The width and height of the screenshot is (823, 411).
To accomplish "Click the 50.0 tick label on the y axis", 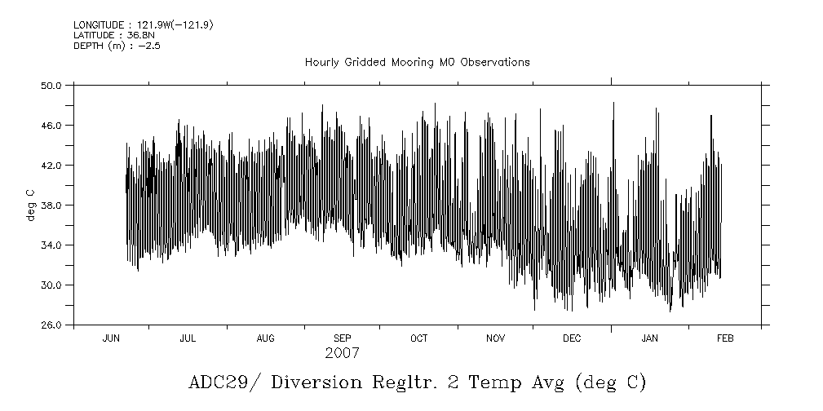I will pyautogui.click(x=52, y=86).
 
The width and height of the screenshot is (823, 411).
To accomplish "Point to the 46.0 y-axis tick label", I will pyautogui.click(x=52, y=126).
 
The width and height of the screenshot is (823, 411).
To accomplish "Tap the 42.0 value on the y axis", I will pyautogui.click(x=52, y=166).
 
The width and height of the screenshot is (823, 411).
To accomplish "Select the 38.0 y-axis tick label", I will pyautogui.click(x=52, y=205).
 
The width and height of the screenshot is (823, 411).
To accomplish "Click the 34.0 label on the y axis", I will pyautogui.click(x=52, y=245).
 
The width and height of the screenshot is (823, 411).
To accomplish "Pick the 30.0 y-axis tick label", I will pyautogui.click(x=52, y=285).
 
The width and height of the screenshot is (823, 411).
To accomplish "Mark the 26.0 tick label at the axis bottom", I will pyautogui.click(x=52, y=325).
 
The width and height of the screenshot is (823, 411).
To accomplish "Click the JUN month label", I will pyautogui.click(x=111, y=338).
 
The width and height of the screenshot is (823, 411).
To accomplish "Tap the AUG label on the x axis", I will pyautogui.click(x=265, y=338).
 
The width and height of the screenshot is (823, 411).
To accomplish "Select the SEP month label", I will pyautogui.click(x=343, y=338).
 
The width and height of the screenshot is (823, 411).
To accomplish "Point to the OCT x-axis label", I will pyautogui.click(x=418, y=338).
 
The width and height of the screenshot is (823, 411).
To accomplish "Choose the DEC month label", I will pyautogui.click(x=572, y=338).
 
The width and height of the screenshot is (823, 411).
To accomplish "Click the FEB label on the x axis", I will pyautogui.click(x=724, y=338).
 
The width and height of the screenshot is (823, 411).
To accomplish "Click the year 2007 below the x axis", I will pyautogui.click(x=342, y=354).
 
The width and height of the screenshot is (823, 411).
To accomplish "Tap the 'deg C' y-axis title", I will pyautogui.click(x=30, y=205).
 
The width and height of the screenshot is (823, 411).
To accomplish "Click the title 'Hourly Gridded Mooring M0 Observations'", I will pyautogui.click(x=417, y=62).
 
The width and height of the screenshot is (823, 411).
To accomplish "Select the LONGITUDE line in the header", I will pyautogui.click(x=143, y=25).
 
